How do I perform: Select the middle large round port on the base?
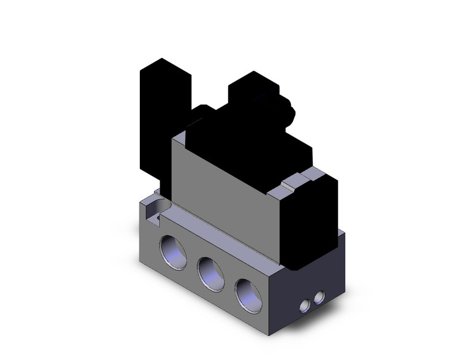(209, 270)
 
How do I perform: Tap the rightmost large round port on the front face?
(247, 291)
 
